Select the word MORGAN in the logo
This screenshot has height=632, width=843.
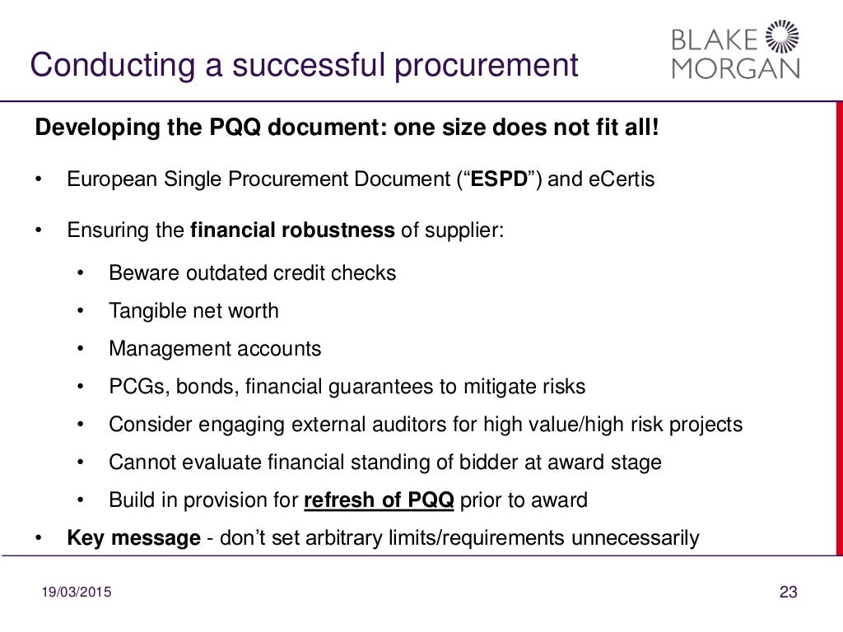click(735, 67)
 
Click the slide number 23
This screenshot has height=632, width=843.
click(789, 592)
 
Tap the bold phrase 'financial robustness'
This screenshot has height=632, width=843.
click(292, 230)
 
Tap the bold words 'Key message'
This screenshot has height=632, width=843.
click(133, 539)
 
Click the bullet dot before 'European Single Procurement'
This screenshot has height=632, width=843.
click(38, 180)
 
